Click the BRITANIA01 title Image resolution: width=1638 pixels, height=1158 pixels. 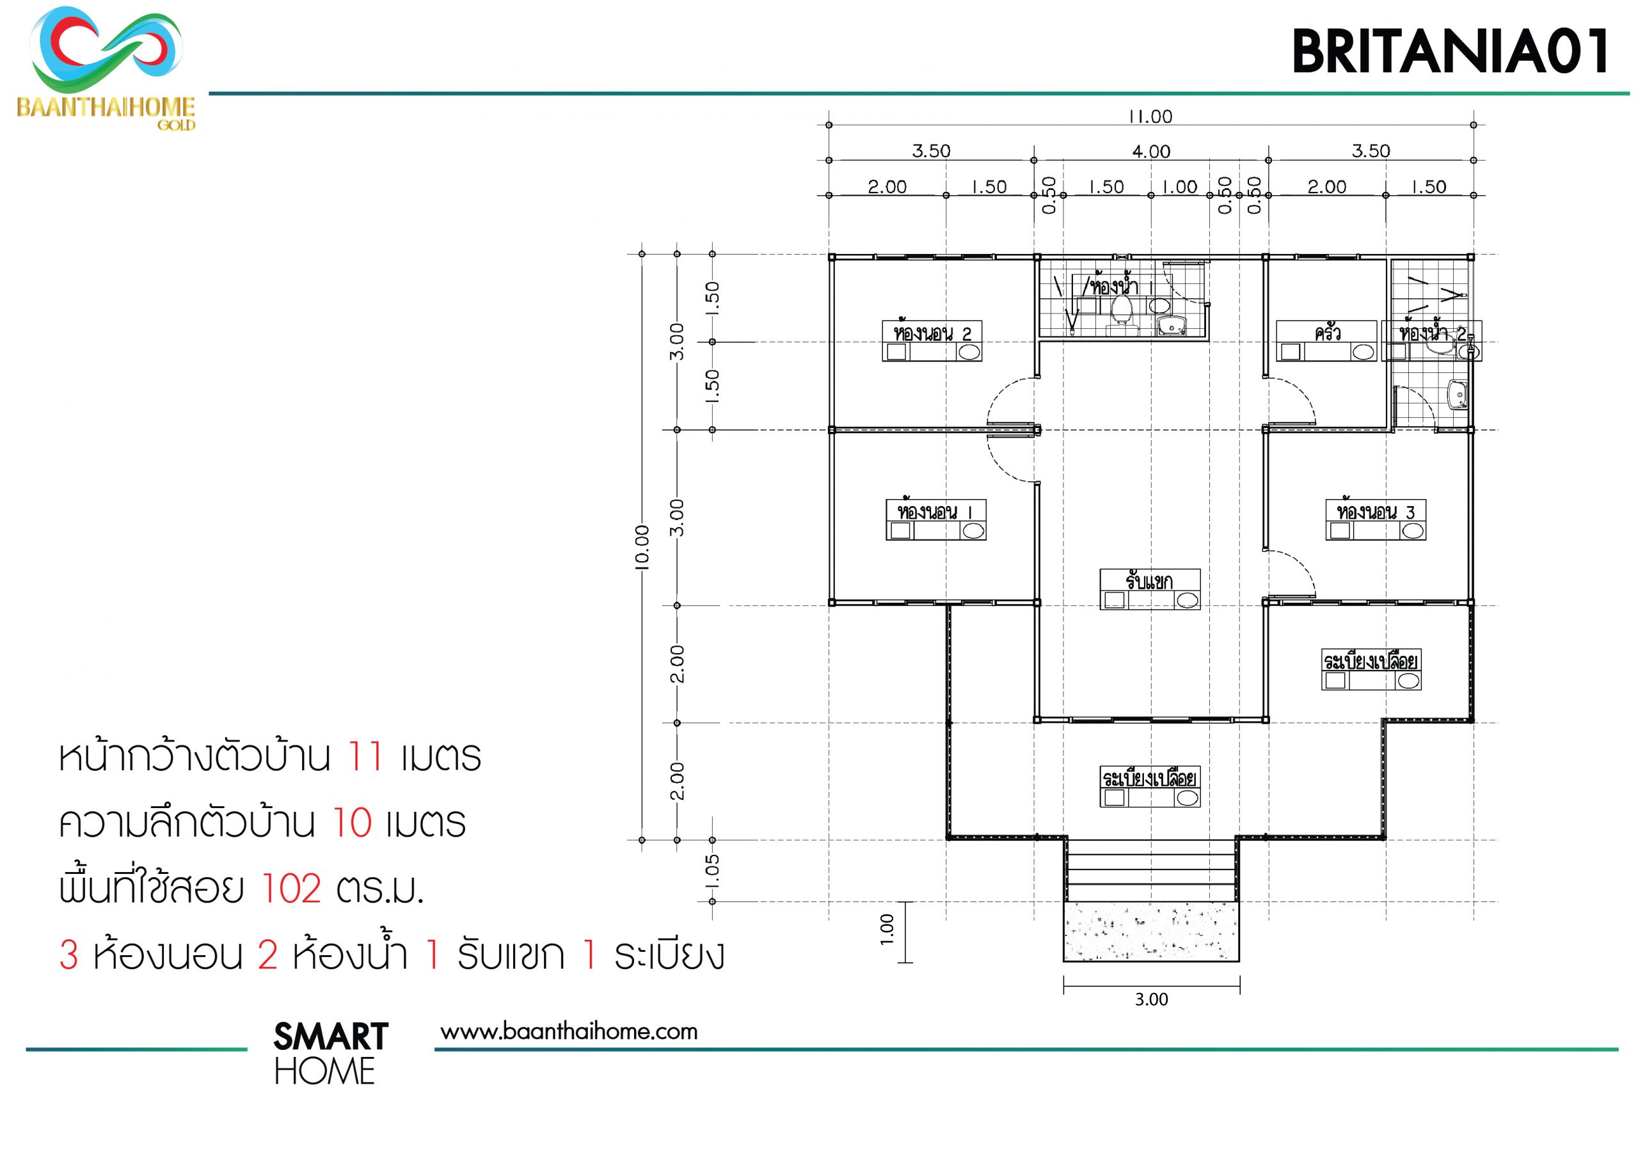tap(1451, 51)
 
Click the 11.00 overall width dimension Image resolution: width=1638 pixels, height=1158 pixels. tap(1150, 116)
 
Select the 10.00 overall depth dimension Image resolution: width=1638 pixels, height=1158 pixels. tap(642, 547)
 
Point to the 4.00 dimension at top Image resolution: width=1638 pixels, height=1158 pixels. tap(1150, 151)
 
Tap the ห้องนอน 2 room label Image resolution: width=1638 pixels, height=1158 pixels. tap(932, 333)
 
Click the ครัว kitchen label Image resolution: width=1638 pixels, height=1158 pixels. tap(1327, 333)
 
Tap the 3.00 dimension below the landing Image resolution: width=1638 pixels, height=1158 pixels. tap(1152, 999)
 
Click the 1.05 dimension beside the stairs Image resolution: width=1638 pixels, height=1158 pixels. tap(712, 871)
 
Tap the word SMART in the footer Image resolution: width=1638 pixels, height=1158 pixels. tap(330, 1036)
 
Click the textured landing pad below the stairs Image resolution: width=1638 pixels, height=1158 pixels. tap(1152, 931)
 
